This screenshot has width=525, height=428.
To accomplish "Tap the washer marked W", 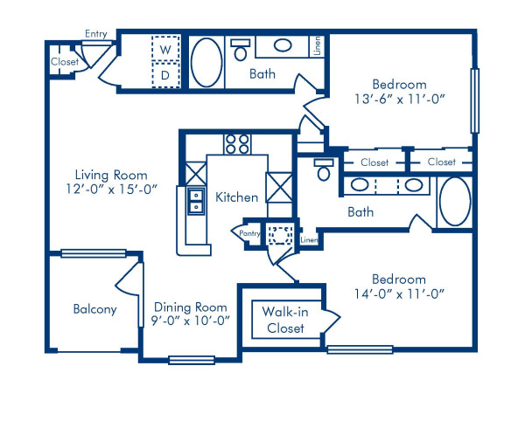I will tap(164, 50).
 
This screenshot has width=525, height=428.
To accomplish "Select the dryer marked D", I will tap(164, 76).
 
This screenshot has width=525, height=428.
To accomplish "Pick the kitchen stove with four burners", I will tap(235, 142).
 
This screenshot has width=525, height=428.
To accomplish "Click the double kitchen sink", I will tap(193, 202).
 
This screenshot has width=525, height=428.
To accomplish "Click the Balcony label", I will tap(95, 309).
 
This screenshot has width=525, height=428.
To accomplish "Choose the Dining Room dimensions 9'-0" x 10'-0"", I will tap(191, 321).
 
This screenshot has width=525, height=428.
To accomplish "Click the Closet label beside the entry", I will tap(65, 62).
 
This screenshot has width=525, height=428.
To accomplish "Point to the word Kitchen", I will tap(236, 197).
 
